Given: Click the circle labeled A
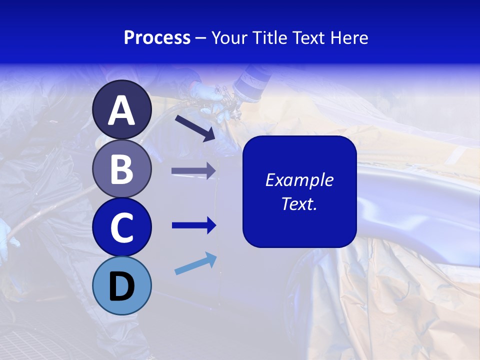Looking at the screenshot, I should click(x=122, y=109).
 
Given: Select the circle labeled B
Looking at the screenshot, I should click(x=122, y=168).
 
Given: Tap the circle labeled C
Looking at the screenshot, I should click(x=122, y=227).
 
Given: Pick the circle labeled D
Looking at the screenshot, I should click(x=122, y=285).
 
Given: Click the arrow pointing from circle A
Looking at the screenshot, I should click(x=195, y=128).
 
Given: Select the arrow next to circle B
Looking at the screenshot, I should click(x=193, y=171).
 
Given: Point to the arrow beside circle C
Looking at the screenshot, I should click(x=194, y=225).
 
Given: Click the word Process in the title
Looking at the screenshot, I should click(x=157, y=37).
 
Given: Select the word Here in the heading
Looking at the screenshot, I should click(x=348, y=37).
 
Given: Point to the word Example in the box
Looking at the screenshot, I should click(x=299, y=180).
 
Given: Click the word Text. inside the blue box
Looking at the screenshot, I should click(x=299, y=203).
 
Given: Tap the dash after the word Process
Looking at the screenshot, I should click(x=201, y=38).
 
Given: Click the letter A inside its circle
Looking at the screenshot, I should click(x=122, y=110).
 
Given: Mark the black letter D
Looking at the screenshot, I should click(x=122, y=287).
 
